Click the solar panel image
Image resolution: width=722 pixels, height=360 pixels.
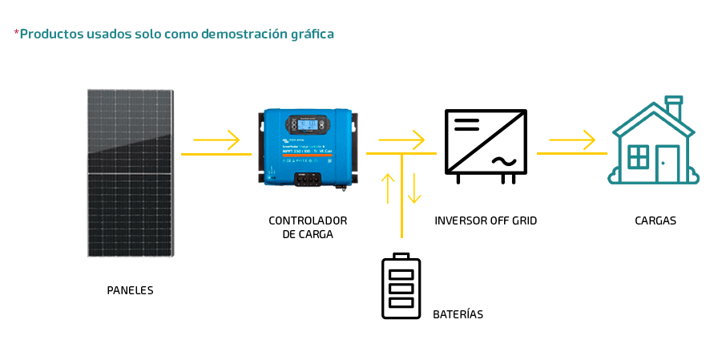131,172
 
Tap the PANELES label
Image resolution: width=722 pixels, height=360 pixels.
130,290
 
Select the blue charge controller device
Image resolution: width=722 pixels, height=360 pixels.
308,148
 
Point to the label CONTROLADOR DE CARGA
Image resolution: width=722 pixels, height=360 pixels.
308,227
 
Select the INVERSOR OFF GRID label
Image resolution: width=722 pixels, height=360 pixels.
486,220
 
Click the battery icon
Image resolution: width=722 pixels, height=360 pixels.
401,287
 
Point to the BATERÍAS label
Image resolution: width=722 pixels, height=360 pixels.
458,314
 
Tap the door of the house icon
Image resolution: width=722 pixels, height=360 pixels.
667,164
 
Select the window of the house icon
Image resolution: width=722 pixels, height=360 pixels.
639,156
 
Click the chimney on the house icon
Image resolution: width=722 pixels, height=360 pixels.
674,107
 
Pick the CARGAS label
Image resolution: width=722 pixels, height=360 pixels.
655,220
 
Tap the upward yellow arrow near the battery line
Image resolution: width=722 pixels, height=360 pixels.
388,188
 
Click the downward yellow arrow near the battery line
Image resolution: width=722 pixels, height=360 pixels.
414,188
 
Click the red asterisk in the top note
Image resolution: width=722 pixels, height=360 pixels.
16,33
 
